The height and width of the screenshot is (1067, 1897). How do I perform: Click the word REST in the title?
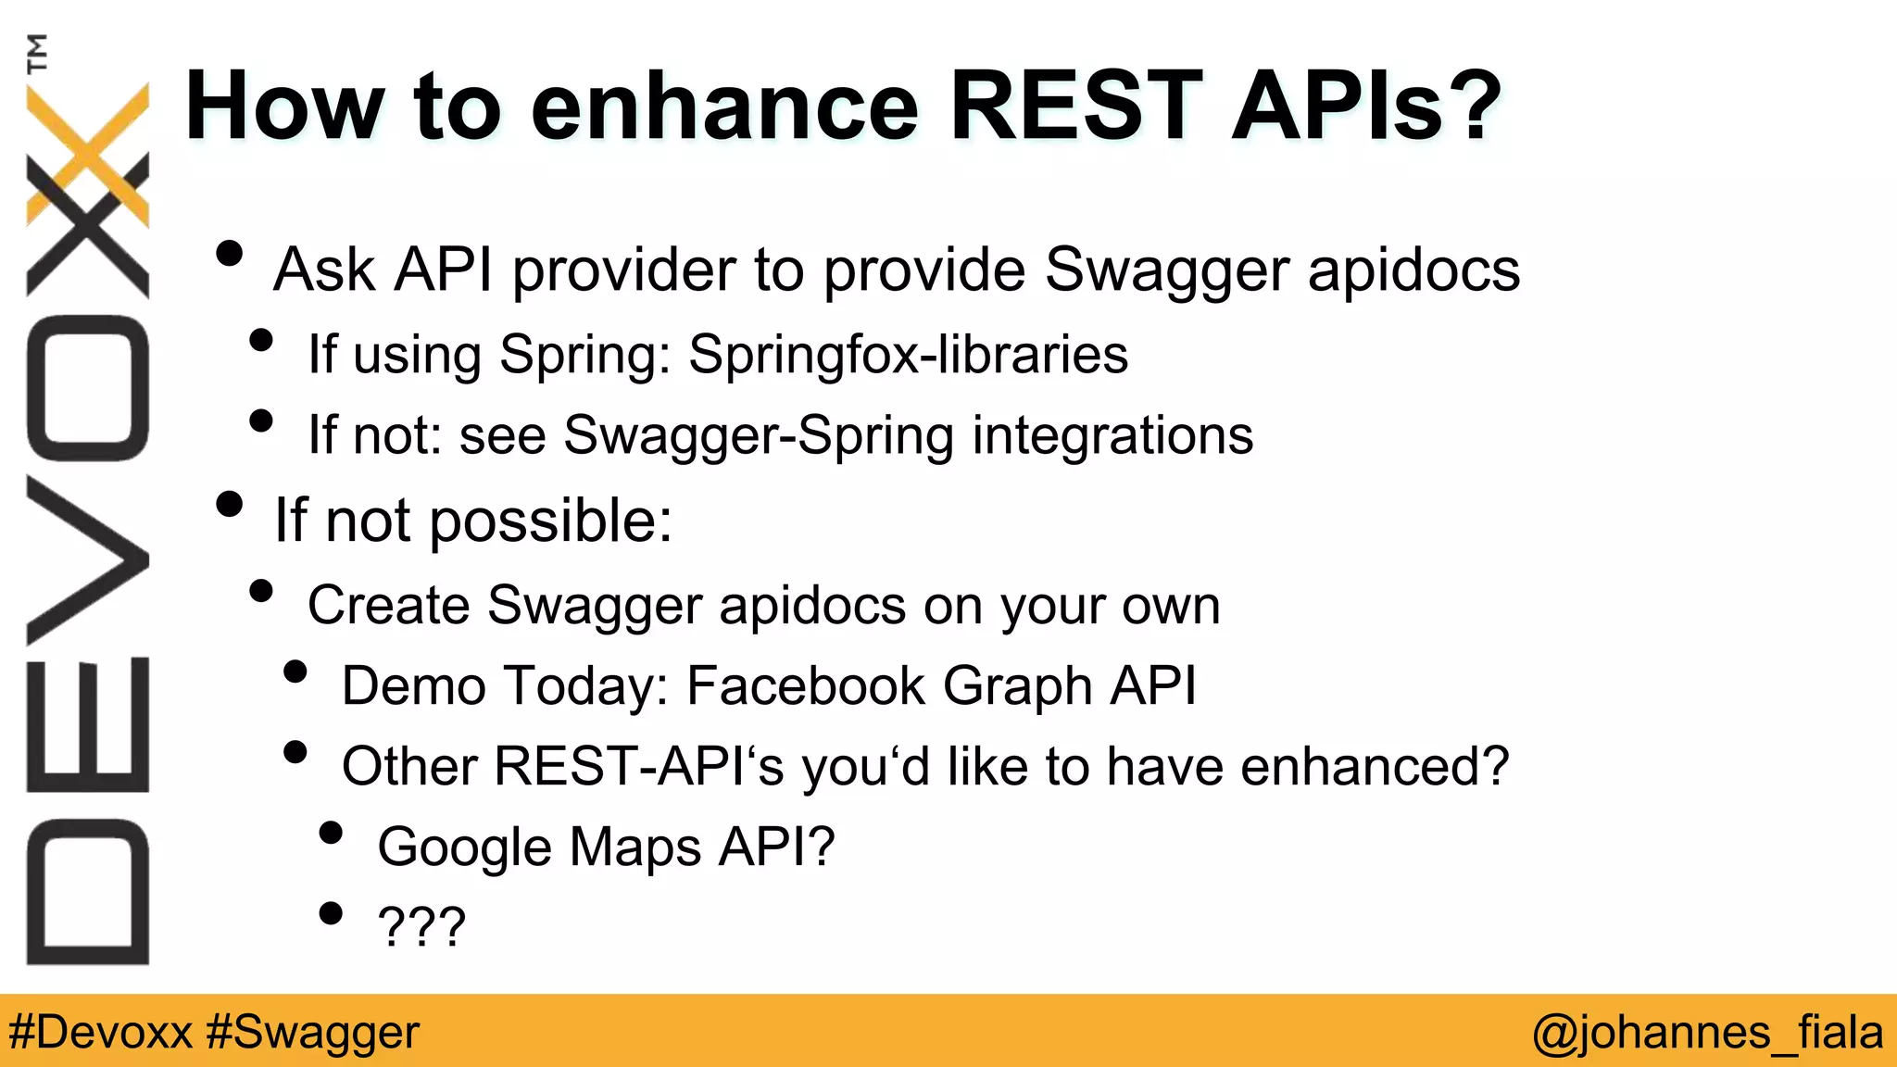1075,107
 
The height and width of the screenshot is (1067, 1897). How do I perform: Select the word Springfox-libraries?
908,356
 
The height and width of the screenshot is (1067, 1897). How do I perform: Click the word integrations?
1112,436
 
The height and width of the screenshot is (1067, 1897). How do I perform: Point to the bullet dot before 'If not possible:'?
229,505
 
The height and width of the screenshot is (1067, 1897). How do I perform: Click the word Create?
389,606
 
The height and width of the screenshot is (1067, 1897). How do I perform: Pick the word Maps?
635,847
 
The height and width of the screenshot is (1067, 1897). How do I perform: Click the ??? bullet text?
421,926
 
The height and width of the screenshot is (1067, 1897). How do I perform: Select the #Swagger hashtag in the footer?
313,1032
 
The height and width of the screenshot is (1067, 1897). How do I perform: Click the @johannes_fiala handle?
1707,1032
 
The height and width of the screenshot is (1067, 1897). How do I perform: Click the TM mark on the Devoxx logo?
37,53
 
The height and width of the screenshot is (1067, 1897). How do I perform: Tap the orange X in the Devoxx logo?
88,153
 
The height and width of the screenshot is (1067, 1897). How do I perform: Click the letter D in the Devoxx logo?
88,892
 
